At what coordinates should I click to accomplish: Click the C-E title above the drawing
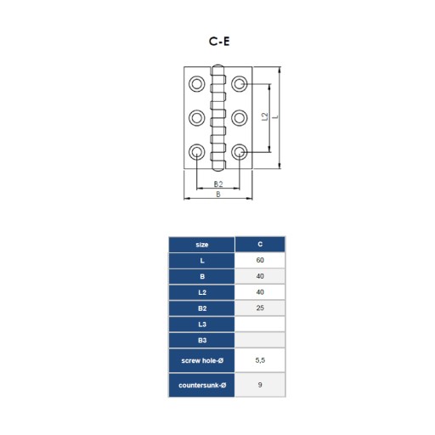pyautogui.click(x=219, y=42)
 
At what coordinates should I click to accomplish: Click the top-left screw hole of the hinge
pyautogui.click(x=197, y=84)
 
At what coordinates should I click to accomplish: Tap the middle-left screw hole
pyautogui.click(x=197, y=117)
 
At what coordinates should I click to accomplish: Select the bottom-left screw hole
pyautogui.click(x=197, y=152)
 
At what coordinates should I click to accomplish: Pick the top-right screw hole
pyautogui.click(x=240, y=84)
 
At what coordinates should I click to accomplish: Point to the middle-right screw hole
pyautogui.click(x=240, y=117)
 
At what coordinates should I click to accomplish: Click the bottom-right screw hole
pyautogui.click(x=240, y=152)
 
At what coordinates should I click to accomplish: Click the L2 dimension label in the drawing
pyautogui.click(x=264, y=116)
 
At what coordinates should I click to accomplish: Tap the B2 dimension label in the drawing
pyautogui.click(x=218, y=184)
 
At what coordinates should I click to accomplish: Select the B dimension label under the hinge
pyautogui.click(x=218, y=195)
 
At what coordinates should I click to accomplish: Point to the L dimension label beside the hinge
pyautogui.click(x=276, y=116)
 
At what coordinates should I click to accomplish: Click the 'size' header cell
pyautogui.click(x=201, y=245)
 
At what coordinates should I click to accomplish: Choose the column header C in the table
pyautogui.click(x=260, y=245)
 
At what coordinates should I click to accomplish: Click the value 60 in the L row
pyautogui.click(x=260, y=260)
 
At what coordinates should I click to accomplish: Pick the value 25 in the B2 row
pyautogui.click(x=260, y=308)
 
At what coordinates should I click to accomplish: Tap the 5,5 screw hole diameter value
pyautogui.click(x=260, y=360)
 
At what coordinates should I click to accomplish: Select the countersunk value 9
pyautogui.click(x=260, y=385)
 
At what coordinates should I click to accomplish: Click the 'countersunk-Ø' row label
pyautogui.click(x=202, y=385)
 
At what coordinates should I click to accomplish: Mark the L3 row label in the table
pyautogui.click(x=202, y=325)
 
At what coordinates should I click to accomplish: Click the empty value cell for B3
pyautogui.click(x=260, y=340)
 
